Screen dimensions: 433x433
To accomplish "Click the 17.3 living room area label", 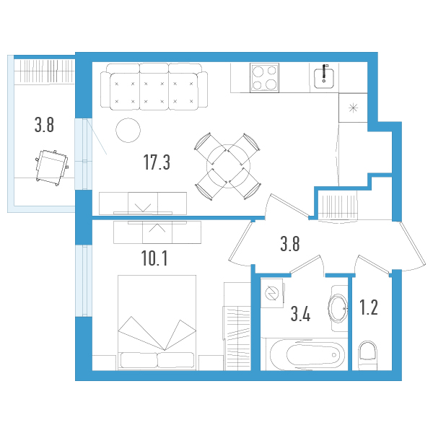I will [157, 162].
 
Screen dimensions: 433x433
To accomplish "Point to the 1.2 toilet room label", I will [368, 309].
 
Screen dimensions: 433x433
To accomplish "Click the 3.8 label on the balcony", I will [44, 126].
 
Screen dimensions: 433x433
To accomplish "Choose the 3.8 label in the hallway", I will [290, 243].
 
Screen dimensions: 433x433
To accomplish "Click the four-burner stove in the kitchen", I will [265, 77].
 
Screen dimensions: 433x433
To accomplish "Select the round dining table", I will [227, 167].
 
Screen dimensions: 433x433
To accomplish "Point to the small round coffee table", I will [128, 130].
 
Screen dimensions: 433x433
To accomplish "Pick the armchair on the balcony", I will [51, 166].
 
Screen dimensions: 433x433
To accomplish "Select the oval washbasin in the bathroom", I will [338, 309].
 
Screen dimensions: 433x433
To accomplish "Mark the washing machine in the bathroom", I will [274, 293].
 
